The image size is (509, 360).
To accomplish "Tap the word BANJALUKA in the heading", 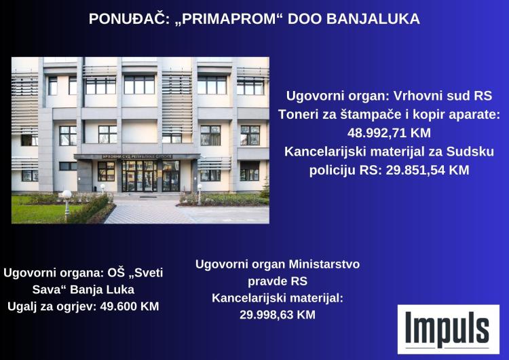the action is coord(373,19).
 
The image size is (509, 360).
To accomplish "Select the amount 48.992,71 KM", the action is coord(389,133).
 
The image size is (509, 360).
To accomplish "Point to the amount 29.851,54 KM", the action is coord(427,170).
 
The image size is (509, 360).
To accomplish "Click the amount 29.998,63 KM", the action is coord(278,314).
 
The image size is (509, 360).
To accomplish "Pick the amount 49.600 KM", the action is coord(130,306).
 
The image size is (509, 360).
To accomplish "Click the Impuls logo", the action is coord(449,329).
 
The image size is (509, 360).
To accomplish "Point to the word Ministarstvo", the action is coord(324,264).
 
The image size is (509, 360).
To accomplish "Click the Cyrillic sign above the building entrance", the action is coord(137,157).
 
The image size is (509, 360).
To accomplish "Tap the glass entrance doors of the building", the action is coord(140,177).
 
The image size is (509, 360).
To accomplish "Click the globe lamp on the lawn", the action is coord(67,195).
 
